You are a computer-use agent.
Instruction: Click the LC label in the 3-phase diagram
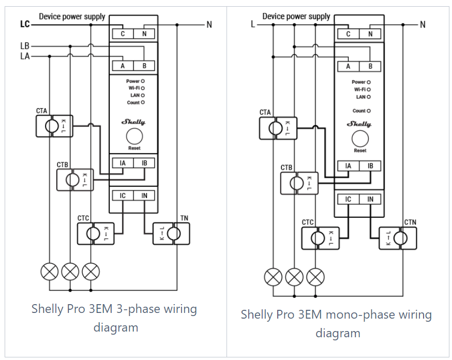pyautogui.click(x=25, y=24)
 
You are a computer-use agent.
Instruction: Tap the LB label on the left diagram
pyautogui.click(x=25, y=46)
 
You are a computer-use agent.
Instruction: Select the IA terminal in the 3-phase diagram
pyautogui.click(x=123, y=163)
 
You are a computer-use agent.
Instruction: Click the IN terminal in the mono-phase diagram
pyautogui.click(x=370, y=199)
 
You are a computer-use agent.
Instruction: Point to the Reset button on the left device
pyautogui.click(x=134, y=136)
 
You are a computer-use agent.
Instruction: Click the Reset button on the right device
pyautogui.click(x=360, y=139)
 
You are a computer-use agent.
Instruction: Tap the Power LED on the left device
pyautogui.click(x=143, y=81)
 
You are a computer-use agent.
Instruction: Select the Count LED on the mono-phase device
pyautogui.click(x=369, y=111)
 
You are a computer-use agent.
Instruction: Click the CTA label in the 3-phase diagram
pyautogui.click(x=41, y=111)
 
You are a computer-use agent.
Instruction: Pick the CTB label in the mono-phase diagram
pyautogui.click(x=287, y=168)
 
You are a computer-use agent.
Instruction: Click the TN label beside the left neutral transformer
pyautogui.click(x=184, y=218)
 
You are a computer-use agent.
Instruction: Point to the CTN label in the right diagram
pyautogui.click(x=410, y=222)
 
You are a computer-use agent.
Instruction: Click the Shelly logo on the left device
pyautogui.click(x=133, y=122)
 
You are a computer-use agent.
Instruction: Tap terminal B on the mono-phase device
pyautogui.click(x=370, y=67)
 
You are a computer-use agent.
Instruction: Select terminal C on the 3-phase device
pyautogui.click(x=123, y=34)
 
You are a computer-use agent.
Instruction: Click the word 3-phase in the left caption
pyautogui.click(x=139, y=309)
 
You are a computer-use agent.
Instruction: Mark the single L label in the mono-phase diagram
pyautogui.click(x=253, y=24)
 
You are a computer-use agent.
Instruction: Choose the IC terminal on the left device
pyautogui.click(x=123, y=196)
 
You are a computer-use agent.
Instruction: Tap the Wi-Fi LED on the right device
pyautogui.click(x=369, y=89)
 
